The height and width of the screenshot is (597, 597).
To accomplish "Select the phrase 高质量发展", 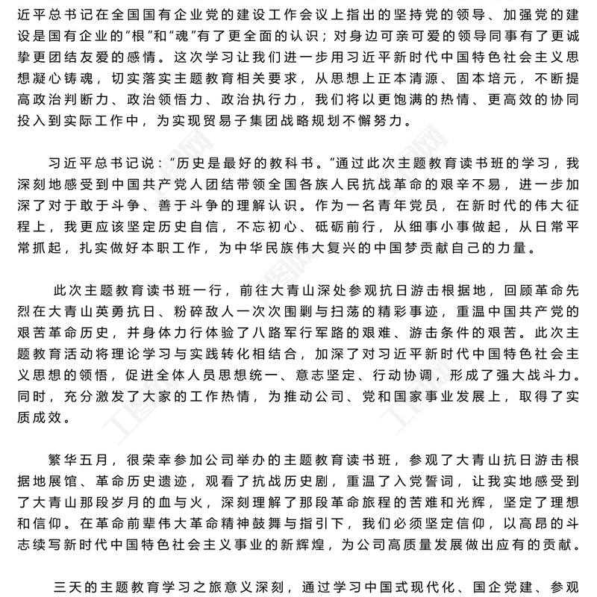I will (x=397, y=542).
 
